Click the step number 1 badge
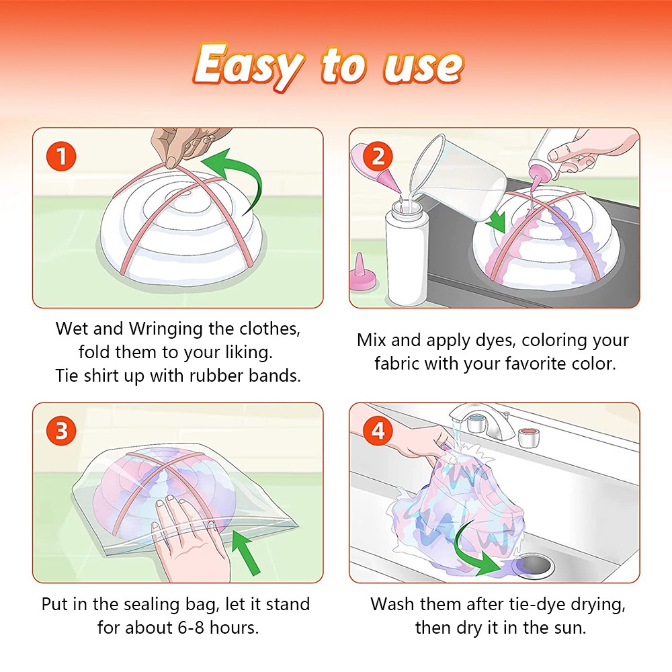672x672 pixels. (61, 156)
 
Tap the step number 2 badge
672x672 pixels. (378, 156)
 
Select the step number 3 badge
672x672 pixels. (61, 431)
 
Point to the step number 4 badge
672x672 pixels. (378, 431)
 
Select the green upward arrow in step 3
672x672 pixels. (245, 552)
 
